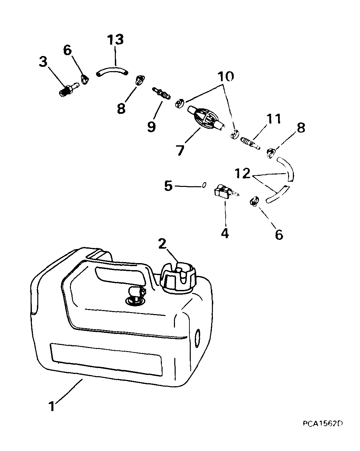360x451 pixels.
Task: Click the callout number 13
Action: [115, 40]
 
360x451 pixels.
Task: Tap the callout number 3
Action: [43, 62]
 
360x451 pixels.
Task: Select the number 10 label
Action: [226, 77]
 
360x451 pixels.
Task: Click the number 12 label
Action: [242, 173]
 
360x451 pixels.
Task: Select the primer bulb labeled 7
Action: [206, 120]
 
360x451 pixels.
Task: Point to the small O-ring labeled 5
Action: [204, 185]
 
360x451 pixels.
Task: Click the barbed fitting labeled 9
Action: [161, 94]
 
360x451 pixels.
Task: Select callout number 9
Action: [151, 127]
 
